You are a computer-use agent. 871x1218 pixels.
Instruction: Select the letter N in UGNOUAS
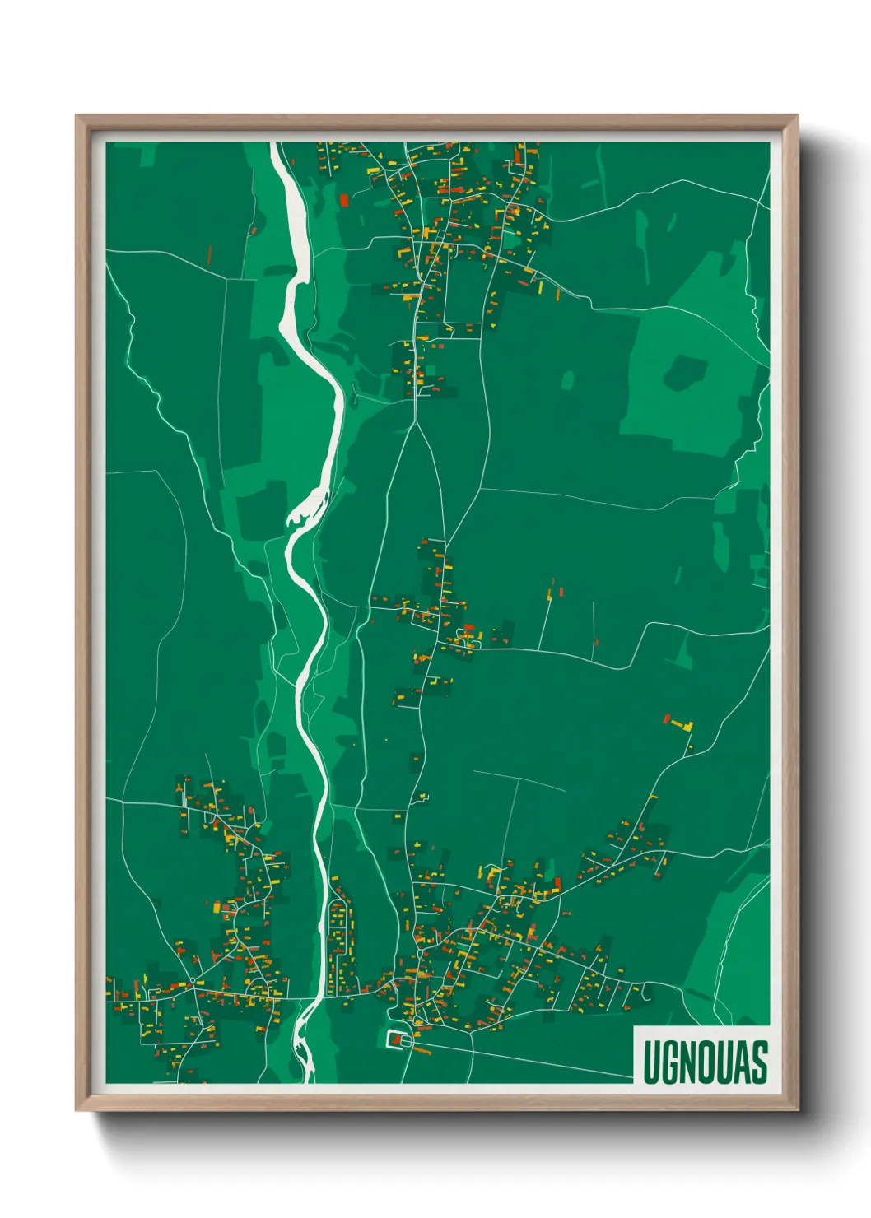(690, 1062)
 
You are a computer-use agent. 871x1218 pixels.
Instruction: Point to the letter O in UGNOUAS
(709, 1062)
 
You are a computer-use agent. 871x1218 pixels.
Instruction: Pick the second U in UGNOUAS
(728, 1062)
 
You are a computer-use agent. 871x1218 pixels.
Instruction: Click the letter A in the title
(745, 1062)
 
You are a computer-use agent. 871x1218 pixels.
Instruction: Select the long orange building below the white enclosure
(422, 1051)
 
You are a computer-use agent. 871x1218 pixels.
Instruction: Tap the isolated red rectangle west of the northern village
(344, 199)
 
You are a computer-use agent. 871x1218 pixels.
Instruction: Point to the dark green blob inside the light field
(684, 372)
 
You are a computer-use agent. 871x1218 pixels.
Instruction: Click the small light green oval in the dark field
(568, 379)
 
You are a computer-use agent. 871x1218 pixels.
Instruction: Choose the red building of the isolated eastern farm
(668, 718)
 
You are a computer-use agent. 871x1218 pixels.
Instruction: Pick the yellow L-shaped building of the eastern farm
(683, 725)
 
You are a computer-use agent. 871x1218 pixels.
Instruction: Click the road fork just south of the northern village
(417, 422)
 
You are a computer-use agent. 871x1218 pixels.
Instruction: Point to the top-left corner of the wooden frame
(77, 116)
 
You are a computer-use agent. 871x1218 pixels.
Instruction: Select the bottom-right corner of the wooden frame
(797, 1109)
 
